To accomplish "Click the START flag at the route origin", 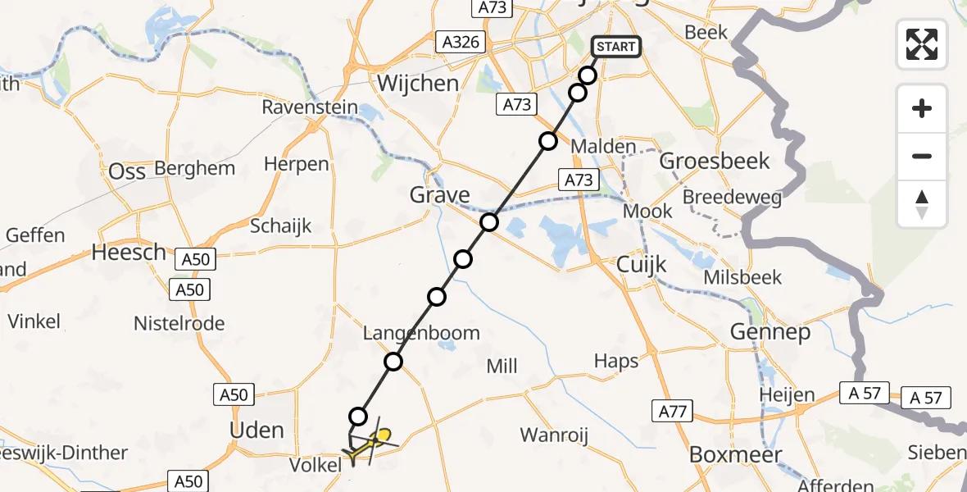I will (615, 47).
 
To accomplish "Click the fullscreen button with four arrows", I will (922, 43).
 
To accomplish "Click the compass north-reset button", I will (922, 204).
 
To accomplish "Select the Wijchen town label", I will (418, 84).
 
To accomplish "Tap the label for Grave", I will (440, 195).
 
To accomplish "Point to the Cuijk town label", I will (642, 264).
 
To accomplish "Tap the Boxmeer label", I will (735, 454).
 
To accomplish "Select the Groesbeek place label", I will (715, 161).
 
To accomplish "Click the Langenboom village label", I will (422, 333).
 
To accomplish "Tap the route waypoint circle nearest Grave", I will (489, 222).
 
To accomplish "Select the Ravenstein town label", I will (310, 107).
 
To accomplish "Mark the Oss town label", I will (128, 171).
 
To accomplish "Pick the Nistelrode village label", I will (179, 323).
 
